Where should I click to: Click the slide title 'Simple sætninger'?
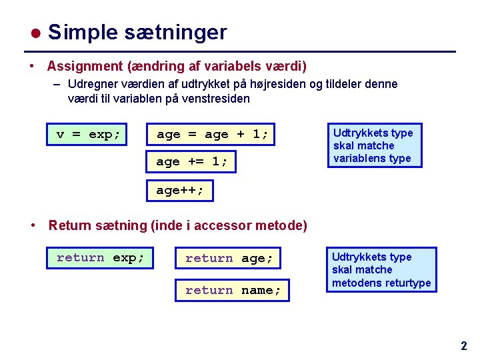137,32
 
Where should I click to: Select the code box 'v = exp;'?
88,134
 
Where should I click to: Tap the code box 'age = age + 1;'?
213,134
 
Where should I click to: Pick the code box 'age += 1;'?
192,161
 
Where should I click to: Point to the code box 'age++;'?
180,190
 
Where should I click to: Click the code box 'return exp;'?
100,257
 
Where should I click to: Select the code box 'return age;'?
229,258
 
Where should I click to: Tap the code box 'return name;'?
232,290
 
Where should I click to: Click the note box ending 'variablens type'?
374,145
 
